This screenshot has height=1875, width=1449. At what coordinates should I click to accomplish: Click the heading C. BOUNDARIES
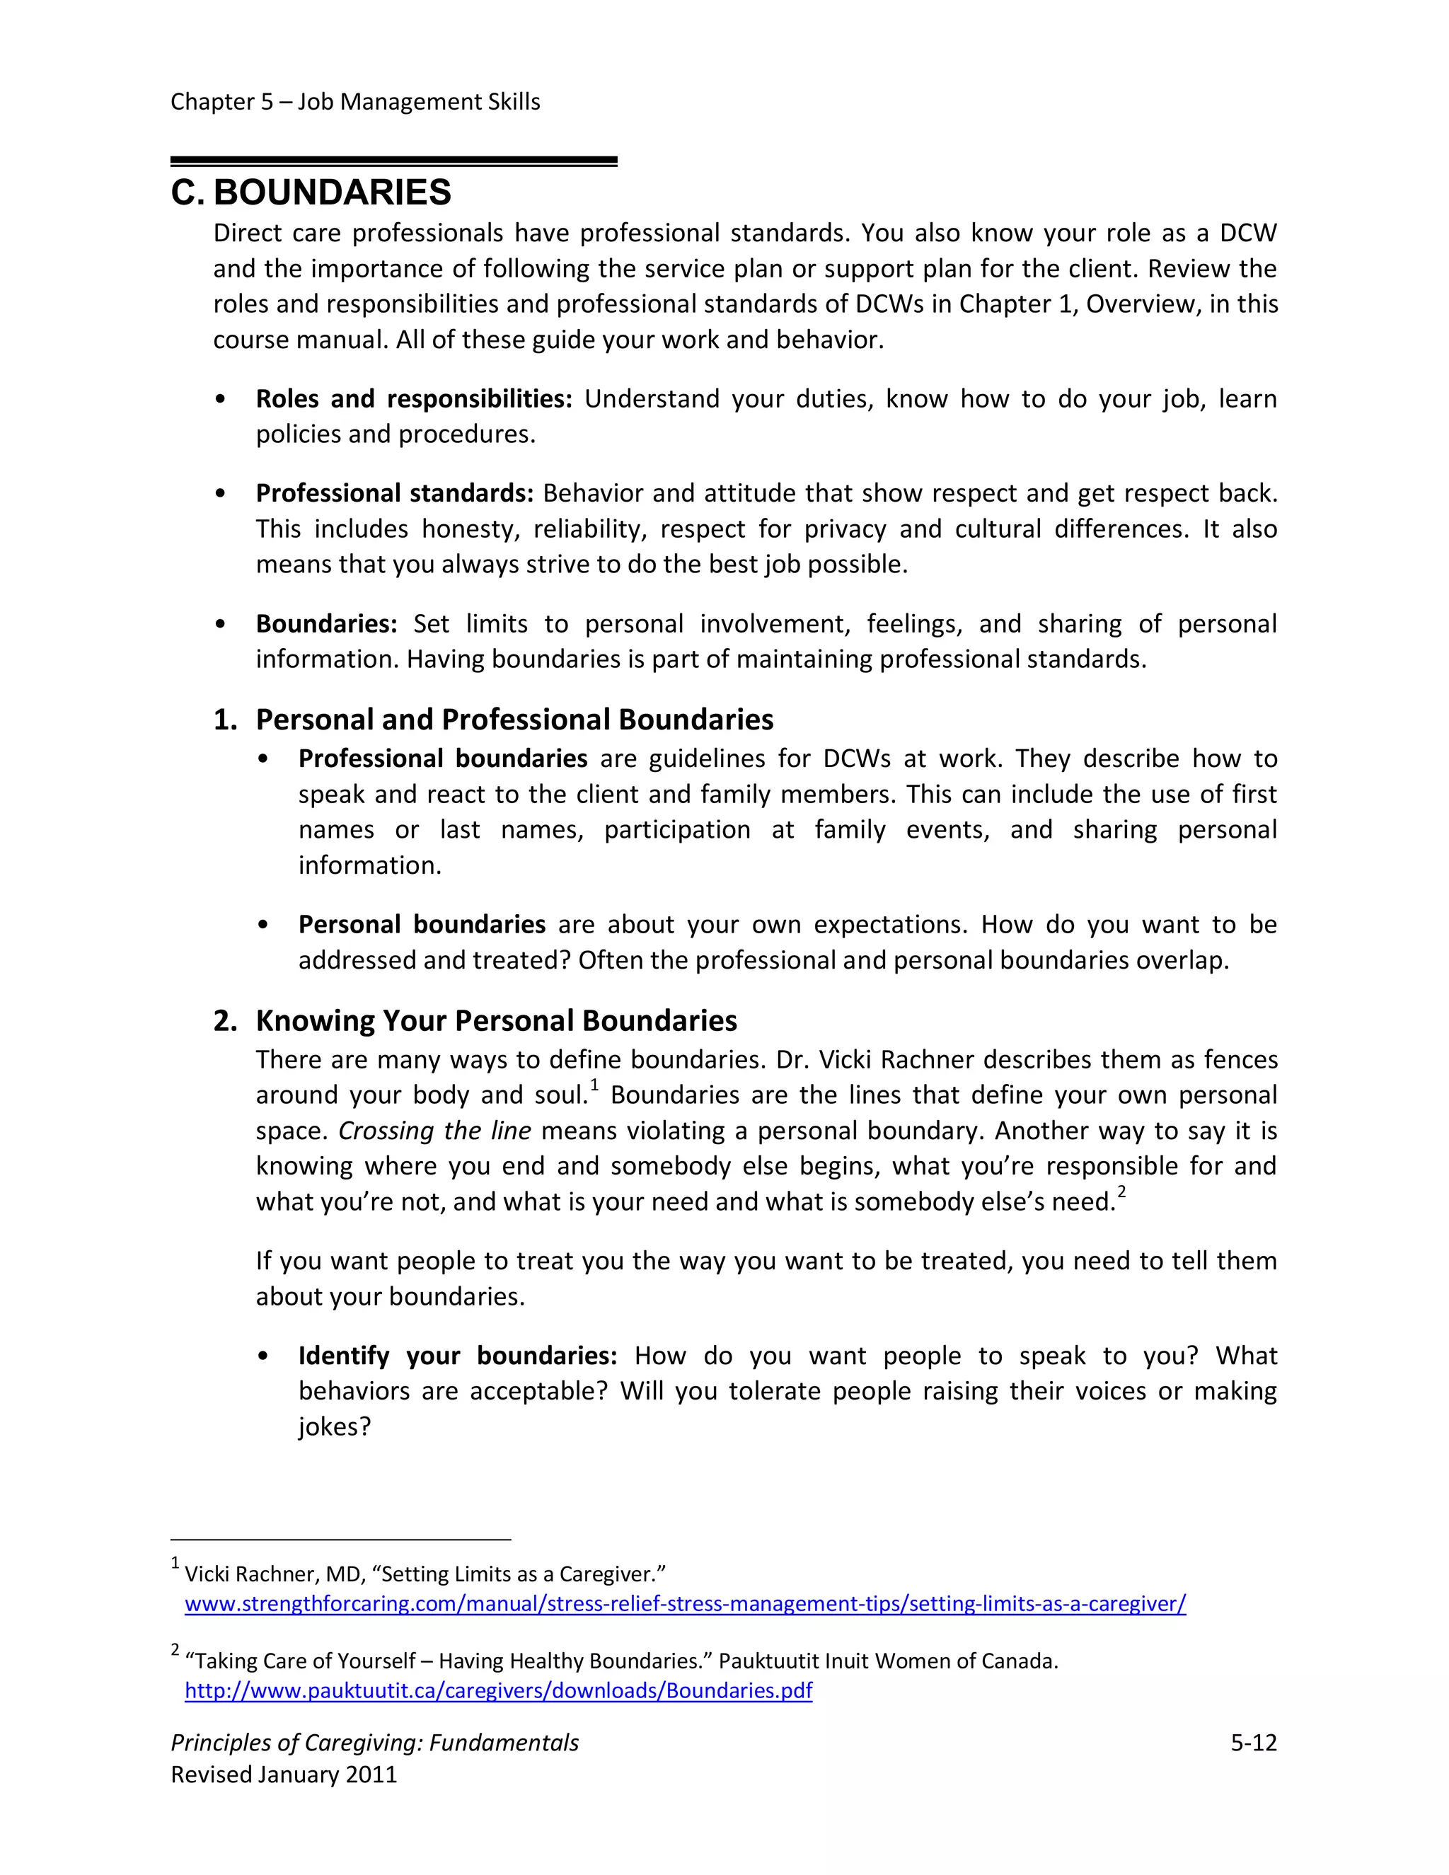[x=311, y=192]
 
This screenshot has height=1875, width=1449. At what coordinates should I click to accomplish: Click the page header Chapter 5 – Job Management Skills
[x=355, y=102]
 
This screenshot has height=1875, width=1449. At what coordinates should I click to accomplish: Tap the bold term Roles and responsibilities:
[x=414, y=399]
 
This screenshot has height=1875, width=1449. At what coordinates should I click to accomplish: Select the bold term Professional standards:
[x=395, y=494]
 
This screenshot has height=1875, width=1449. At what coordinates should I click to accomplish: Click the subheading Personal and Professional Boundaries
[x=514, y=720]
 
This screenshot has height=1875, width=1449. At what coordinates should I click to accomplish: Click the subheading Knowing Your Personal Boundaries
[x=496, y=1021]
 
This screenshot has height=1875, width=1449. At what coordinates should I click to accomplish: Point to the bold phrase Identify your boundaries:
[x=458, y=1356]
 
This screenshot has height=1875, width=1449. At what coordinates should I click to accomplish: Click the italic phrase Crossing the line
[x=434, y=1131]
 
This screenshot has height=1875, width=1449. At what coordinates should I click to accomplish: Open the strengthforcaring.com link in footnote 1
[x=685, y=1604]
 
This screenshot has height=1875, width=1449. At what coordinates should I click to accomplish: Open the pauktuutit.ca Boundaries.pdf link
[x=498, y=1690]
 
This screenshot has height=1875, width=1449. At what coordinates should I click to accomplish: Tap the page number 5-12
[x=1253, y=1743]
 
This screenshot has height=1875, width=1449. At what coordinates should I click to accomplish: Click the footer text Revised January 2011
[x=284, y=1775]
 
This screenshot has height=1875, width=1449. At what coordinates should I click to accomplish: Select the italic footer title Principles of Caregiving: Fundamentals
[x=374, y=1743]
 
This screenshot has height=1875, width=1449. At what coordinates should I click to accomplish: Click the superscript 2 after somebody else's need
[x=1121, y=1192]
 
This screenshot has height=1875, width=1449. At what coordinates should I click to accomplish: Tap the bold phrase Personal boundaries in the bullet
[x=422, y=925]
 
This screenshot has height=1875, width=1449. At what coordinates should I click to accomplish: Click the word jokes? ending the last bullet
[x=334, y=1427]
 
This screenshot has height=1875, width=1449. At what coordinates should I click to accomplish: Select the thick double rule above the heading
[x=394, y=161]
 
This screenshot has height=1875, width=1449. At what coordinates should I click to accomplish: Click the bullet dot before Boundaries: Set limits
[x=221, y=625]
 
